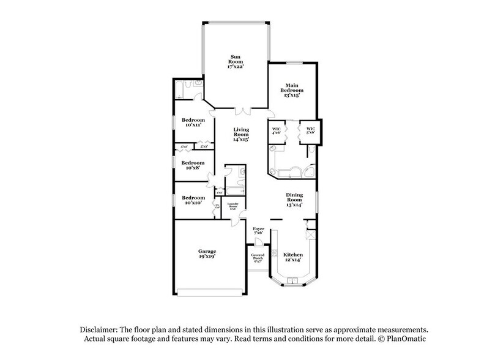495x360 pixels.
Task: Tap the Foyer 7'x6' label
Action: pos(258,231)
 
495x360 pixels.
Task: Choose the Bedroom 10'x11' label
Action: pos(193,122)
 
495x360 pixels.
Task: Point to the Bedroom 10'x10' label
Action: pos(193,200)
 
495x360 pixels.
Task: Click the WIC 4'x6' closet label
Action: pos(276,130)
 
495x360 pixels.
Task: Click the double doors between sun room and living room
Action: pos(244,110)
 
